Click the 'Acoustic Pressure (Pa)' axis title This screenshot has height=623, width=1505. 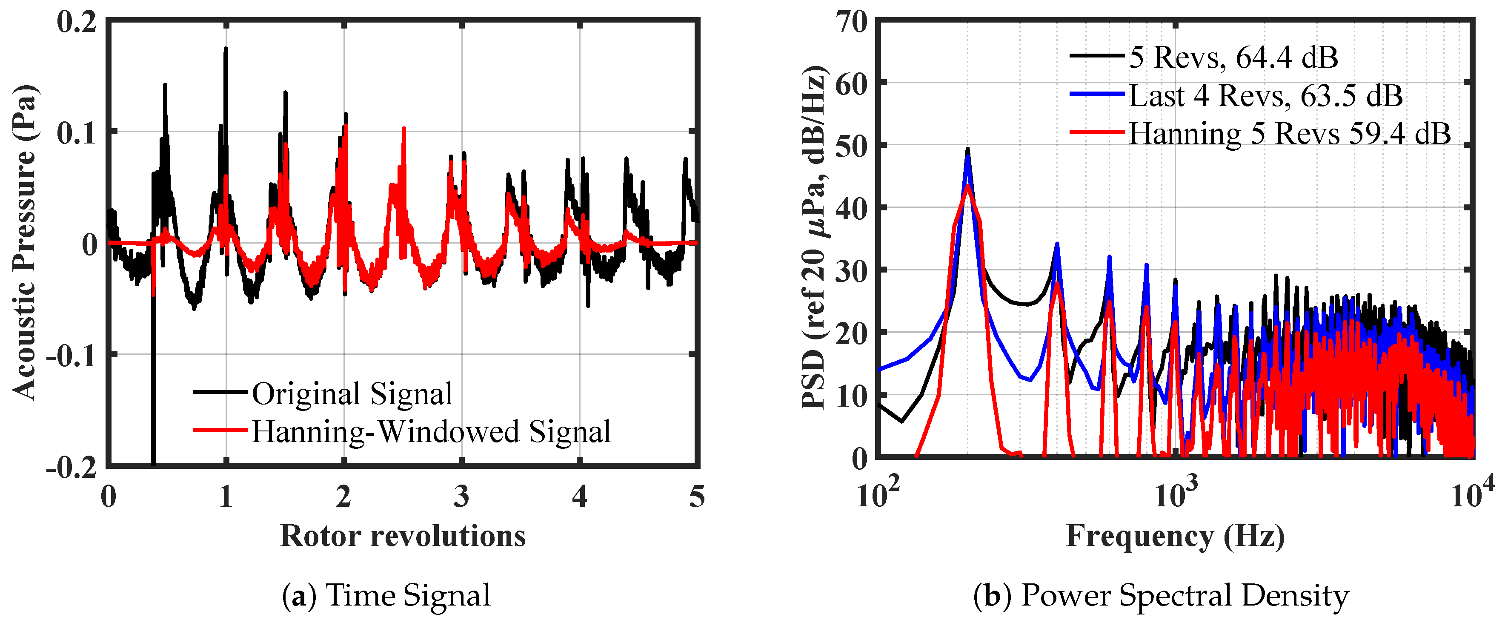[25, 243]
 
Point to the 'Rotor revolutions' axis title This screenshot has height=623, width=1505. [403, 535]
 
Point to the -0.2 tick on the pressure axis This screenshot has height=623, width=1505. [71, 468]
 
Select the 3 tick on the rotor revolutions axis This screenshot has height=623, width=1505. [461, 497]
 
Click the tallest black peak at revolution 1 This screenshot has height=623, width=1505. [226, 50]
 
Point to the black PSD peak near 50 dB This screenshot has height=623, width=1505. [967, 149]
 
